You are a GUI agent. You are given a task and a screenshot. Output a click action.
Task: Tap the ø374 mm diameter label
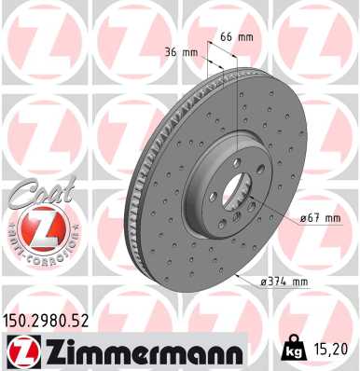point(285,281)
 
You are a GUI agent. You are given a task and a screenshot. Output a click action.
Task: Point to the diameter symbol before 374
point(264,281)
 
